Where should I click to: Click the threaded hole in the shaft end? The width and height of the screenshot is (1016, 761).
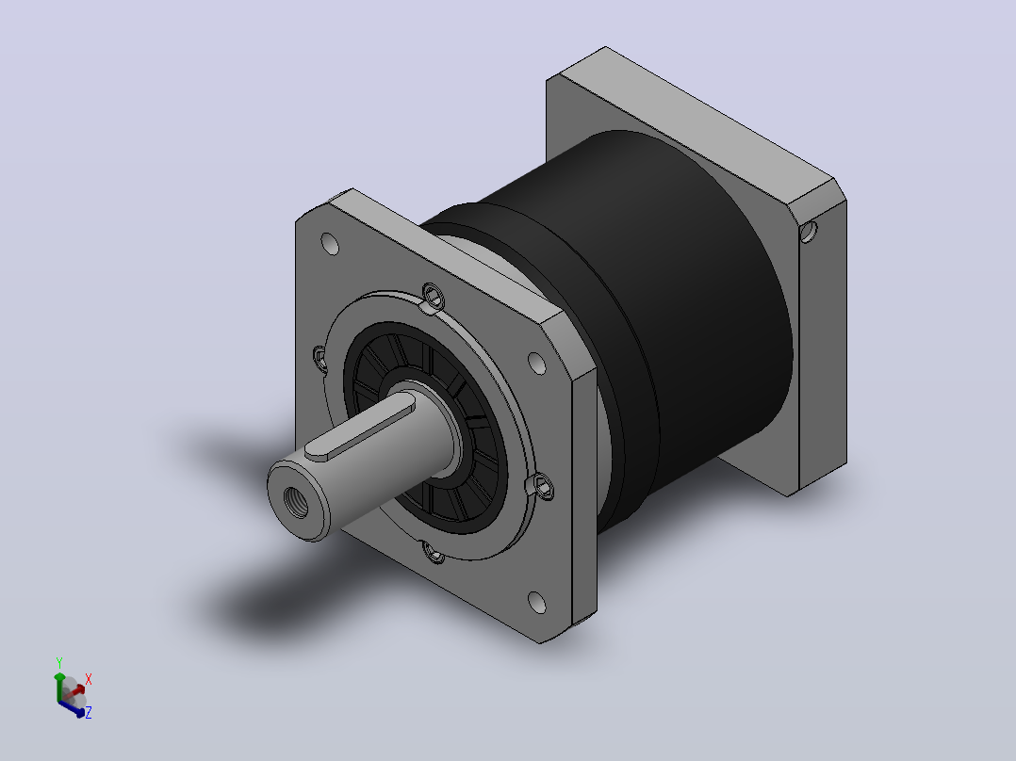296,502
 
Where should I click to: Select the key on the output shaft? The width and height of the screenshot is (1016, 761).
360,429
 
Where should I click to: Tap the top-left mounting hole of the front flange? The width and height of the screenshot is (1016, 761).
330,244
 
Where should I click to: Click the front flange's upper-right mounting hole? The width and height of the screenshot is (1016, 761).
536,364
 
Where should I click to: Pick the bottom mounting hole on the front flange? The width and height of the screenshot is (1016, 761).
537,603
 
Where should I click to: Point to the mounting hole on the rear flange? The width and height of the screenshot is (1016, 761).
809,232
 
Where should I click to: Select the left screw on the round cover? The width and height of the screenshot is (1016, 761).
320,358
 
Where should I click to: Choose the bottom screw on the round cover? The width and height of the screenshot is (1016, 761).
434,553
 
